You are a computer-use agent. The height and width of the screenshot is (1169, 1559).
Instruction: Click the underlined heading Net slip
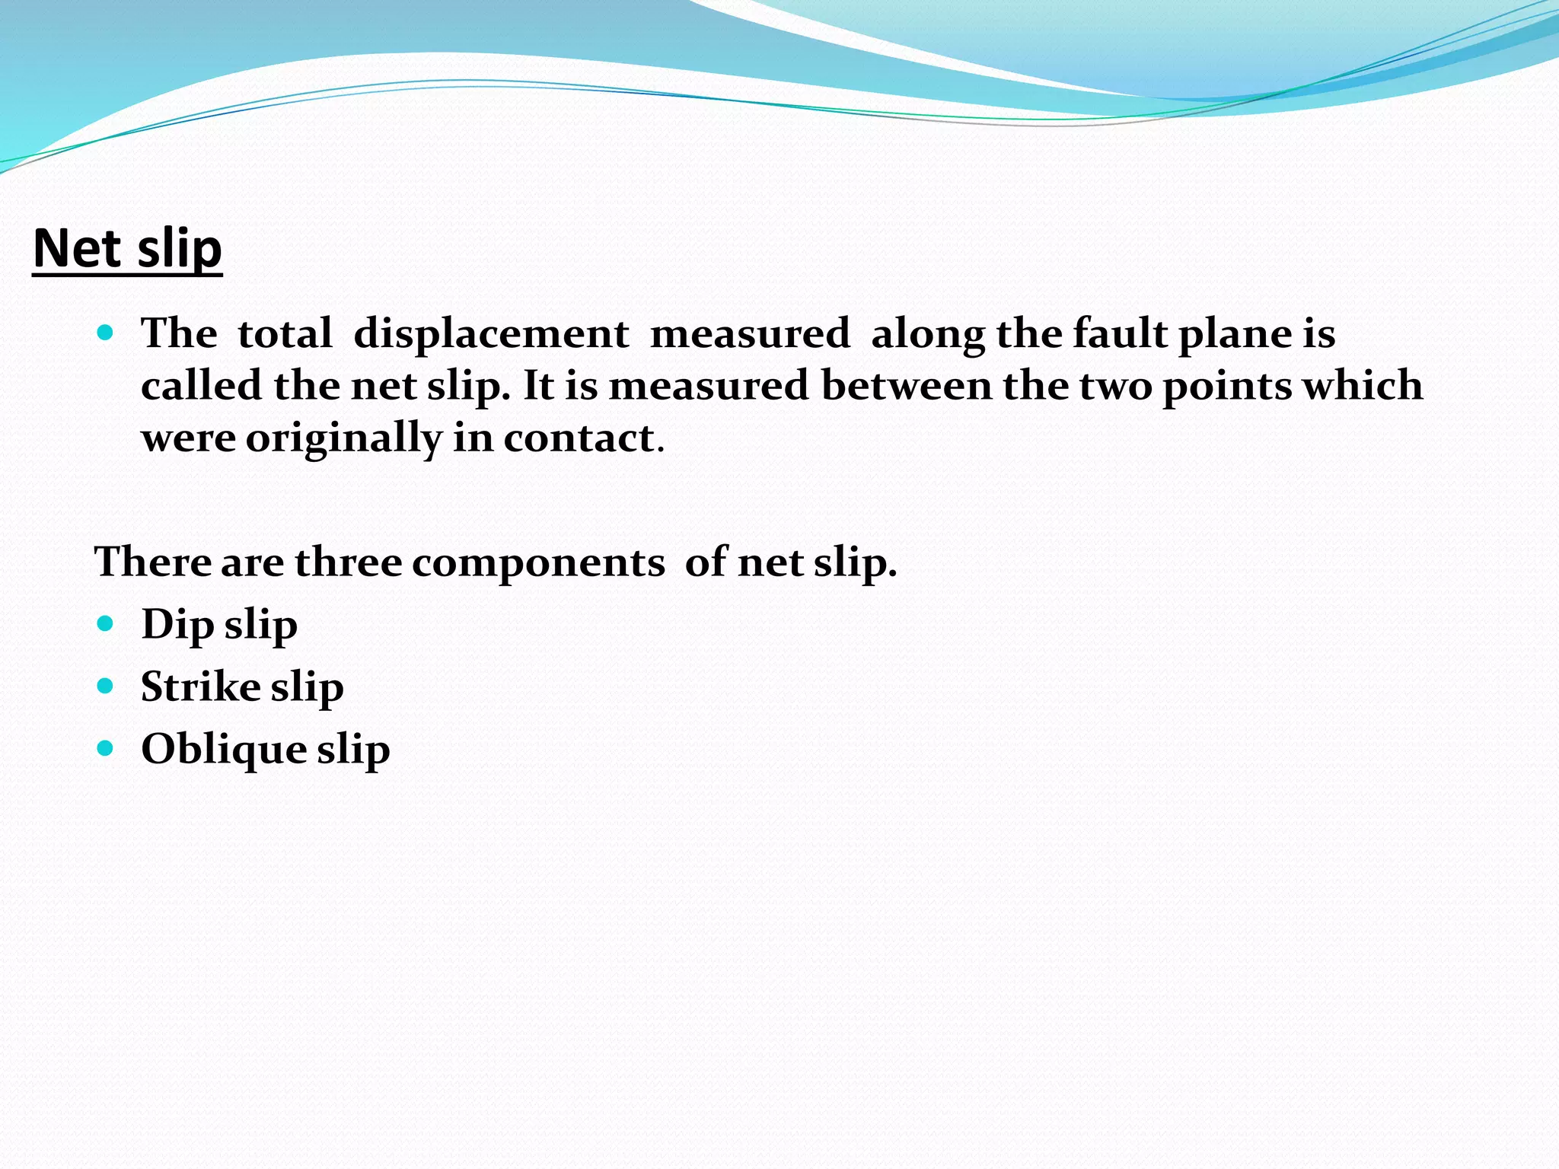point(128,249)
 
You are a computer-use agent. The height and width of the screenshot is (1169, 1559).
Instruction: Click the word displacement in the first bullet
point(491,333)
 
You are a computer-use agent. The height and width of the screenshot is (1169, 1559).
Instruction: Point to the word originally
point(343,439)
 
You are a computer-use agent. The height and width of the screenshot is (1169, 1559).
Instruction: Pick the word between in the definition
point(907,385)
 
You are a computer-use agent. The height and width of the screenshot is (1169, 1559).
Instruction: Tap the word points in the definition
point(1226,387)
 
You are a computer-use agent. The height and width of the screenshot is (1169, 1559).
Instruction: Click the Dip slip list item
point(219,625)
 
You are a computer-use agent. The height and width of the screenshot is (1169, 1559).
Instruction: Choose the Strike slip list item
point(242,687)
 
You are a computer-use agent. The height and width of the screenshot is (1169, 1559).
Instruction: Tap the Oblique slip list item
point(266,750)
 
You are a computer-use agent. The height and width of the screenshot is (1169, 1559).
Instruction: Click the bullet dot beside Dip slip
point(106,624)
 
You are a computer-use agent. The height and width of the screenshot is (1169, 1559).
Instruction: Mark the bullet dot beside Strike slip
point(106,686)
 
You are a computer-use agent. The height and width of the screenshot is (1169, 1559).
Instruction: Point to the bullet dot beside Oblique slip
point(106,749)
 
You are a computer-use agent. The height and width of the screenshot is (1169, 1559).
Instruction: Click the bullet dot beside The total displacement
point(106,333)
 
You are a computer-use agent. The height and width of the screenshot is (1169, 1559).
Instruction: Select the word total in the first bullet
point(285,333)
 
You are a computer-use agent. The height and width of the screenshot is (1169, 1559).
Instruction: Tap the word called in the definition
point(202,385)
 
